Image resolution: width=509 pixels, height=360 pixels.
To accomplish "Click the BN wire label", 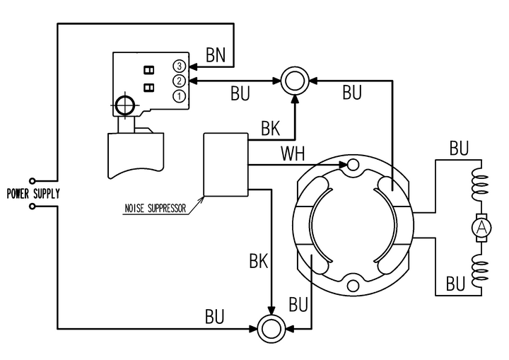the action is tap(216, 54).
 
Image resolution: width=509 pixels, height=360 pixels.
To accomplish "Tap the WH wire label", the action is tap(293, 153).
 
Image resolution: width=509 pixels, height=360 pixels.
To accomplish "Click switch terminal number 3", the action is tap(179, 66).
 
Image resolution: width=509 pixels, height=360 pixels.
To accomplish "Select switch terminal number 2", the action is tap(179, 81).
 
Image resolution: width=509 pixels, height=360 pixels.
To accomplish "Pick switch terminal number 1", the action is tap(179, 96).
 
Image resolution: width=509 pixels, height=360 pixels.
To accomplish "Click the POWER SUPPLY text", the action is tap(33, 194).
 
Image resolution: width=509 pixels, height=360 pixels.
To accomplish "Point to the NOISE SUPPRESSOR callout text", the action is tap(156, 208).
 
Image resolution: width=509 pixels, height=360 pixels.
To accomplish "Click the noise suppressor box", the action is tap(226, 164).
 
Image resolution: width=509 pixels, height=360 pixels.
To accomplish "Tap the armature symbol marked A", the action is tap(481, 228).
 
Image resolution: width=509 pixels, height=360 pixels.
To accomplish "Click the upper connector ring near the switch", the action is tap(295, 81).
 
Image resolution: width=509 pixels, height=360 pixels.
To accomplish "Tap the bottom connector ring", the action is tap(271, 329).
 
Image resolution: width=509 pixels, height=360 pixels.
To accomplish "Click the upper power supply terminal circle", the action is tap(32, 180).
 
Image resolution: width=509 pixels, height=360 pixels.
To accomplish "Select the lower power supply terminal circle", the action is tap(32, 207).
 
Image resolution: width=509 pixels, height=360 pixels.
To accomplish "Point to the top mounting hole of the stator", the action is tap(353, 165).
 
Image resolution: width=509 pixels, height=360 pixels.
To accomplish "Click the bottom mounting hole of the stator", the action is tap(353, 286).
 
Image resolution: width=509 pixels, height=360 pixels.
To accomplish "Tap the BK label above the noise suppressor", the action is tap(270, 129).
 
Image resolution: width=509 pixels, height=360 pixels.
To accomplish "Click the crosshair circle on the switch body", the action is tap(125, 105).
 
